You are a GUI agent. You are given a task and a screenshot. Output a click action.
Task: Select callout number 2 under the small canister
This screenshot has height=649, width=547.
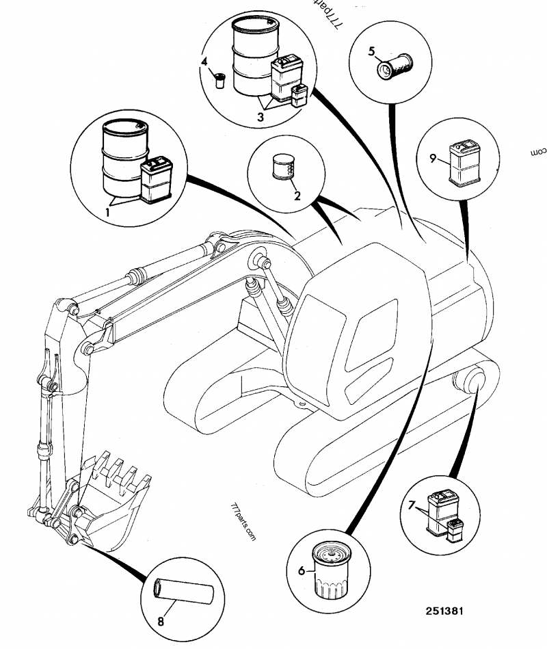tap(297, 195)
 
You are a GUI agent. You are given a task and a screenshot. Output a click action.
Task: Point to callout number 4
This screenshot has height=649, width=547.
tap(204, 62)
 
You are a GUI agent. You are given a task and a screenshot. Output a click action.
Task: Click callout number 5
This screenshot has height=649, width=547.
tap(372, 51)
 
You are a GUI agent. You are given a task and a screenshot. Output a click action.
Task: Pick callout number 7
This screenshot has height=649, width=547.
tap(412, 507)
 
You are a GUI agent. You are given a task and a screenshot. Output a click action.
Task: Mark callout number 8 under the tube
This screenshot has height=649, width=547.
tap(161, 622)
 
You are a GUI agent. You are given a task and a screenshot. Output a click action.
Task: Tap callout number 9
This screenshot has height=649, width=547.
tap(433, 159)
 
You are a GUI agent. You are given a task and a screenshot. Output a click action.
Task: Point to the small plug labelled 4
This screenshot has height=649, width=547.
tap(221, 79)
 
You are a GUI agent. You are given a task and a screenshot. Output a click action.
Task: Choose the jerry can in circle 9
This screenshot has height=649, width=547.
tap(462, 162)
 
